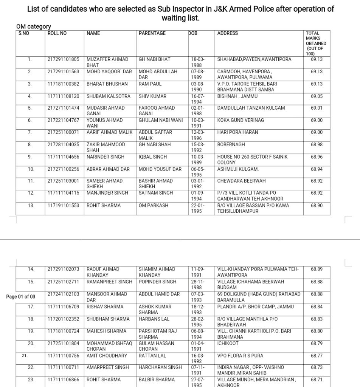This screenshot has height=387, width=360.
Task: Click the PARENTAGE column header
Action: tap(152, 33)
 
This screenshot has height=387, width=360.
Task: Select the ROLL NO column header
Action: tap(57, 33)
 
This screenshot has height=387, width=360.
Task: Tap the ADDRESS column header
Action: tap(228, 33)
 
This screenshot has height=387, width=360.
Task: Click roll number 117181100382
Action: tap(64, 84)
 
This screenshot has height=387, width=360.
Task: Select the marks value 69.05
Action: tap(317, 96)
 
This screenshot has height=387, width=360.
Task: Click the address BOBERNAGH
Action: tap(231, 144)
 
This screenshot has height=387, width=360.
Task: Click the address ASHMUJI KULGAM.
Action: tap(238, 169)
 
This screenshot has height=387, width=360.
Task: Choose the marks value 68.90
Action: tap(317, 205)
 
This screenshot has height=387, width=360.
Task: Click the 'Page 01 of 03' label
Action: tap(21, 297)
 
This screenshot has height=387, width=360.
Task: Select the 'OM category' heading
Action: tap(34, 26)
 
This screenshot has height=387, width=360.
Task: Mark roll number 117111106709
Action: tap(64, 307)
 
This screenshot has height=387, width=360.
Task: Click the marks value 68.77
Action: tap(317, 355)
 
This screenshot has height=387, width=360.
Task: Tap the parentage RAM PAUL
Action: tap(150, 84)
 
